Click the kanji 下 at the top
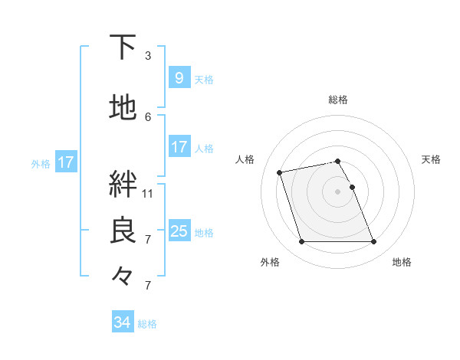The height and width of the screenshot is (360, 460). (x=123, y=47)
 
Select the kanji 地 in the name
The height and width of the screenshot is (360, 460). (x=123, y=108)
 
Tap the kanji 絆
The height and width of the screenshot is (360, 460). (x=123, y=185)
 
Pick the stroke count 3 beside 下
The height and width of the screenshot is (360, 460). (x=147, y=56)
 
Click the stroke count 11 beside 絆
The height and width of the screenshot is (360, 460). (x=148, y=193)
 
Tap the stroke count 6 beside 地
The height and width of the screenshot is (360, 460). (x=148, y=116)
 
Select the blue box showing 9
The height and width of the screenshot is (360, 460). (x=179, y=77)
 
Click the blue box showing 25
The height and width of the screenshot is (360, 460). (x=179, y=231)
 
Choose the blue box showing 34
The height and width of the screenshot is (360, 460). (x=122, y=322)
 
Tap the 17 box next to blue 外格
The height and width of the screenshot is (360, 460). (x=65, y=162)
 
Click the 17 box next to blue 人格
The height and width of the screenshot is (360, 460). (x=179, y=146)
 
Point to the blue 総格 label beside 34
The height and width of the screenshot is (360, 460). (x=147, y=324)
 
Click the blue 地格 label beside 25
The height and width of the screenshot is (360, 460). (x=204, y=232)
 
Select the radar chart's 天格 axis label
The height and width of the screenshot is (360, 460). (x=432, y=159)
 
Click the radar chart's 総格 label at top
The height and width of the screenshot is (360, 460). (x=338, y=100)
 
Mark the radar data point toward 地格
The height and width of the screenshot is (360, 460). (x=373, y=242)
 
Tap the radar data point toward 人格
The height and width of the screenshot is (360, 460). (x=280, y=172)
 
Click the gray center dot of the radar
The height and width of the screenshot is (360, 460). (x=338, y=191)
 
